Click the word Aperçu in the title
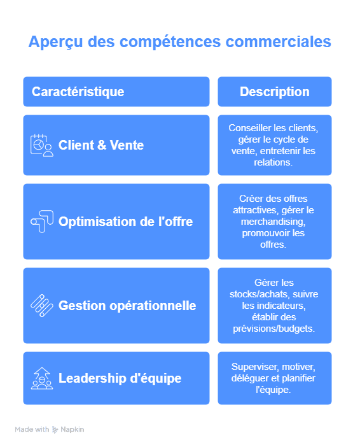click(x=56, y=42)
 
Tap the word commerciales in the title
click(x=278, y=41)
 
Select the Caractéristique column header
click(x=78, y=92)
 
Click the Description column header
click(x=275, y=92)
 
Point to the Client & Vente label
click(x=101, y=145)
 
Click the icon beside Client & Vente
click(x=42, y=145)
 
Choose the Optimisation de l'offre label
click(x=125, y=222)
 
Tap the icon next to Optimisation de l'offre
click(x=42, y=222)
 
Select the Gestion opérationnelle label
click(x=127, y=306)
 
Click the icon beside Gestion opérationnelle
click(x=42, y=306)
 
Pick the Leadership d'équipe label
click(x=120, y=378)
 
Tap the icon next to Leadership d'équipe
click(x=42, y=378)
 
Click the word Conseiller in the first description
click(x=250, y=128)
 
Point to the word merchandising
click(x=273, y=222)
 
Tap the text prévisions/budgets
click(x=273, y=329)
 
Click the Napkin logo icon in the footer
click(x=55, y=430)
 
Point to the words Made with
click(x=32, y=429)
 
